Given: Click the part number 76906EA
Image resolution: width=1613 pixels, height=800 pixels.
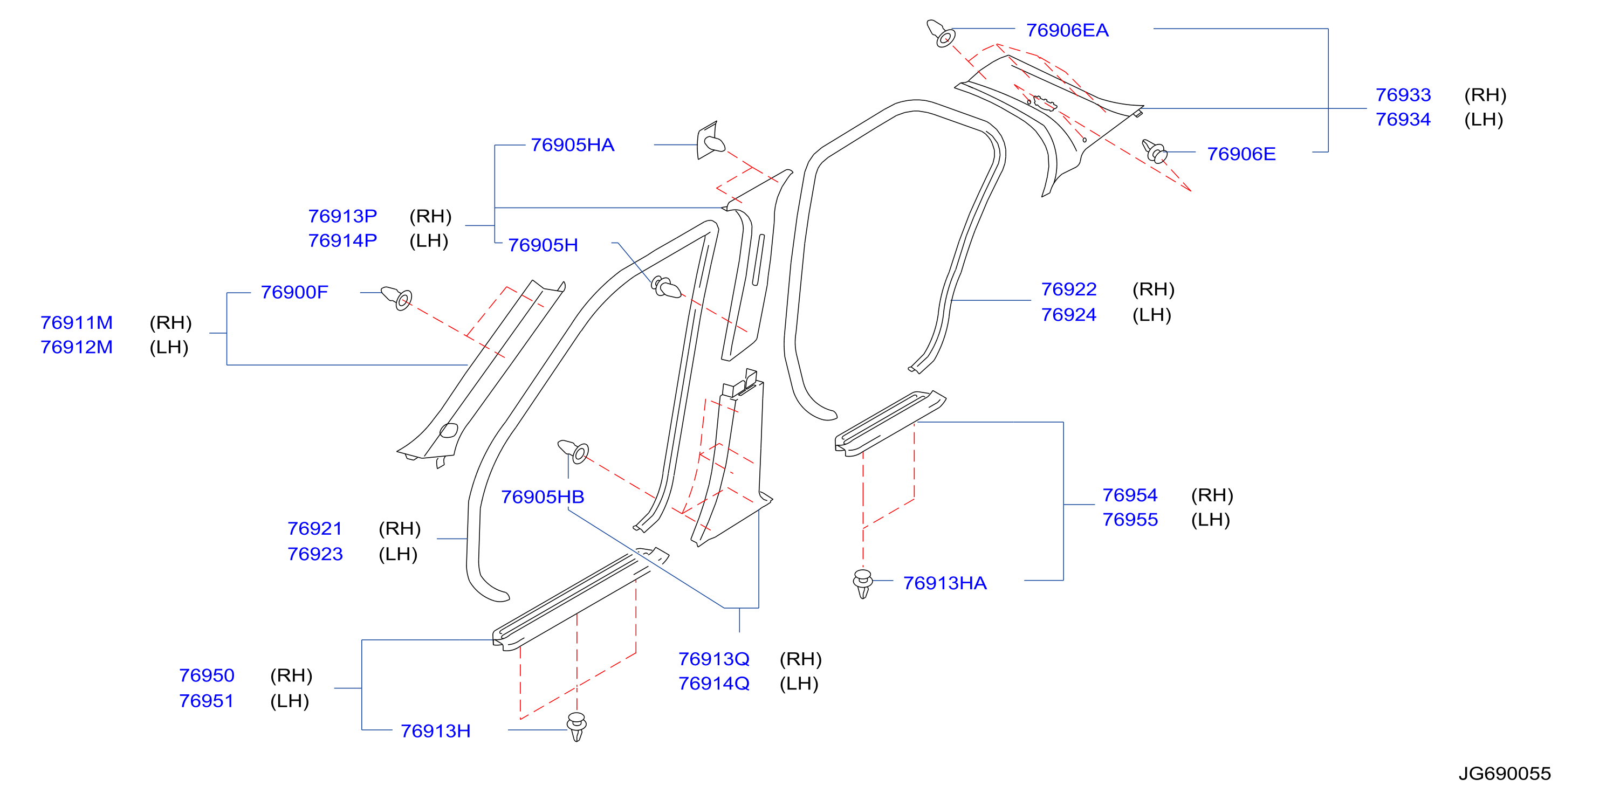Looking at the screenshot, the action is (1067, 30).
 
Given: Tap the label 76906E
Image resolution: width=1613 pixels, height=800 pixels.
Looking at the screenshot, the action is (1241, 154).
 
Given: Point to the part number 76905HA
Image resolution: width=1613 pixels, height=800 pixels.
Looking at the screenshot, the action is (572, 145).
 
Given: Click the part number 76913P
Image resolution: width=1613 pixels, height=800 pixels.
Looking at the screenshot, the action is (342, 216).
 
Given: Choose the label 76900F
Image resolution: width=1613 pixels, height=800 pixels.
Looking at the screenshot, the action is (294, 292).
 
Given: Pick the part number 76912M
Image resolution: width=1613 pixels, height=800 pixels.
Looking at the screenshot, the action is (77, 347).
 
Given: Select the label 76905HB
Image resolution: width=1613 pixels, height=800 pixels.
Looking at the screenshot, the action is (543, 497).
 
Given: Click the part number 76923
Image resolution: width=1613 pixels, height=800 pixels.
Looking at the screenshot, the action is (315, 554).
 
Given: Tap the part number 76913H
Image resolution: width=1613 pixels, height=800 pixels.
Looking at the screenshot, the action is (435, 731).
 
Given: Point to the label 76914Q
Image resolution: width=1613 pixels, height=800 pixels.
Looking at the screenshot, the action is (714, 684).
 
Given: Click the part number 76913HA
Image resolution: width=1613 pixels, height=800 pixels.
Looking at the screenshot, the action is (944, 583).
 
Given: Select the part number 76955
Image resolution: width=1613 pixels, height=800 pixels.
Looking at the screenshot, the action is (1130, 520).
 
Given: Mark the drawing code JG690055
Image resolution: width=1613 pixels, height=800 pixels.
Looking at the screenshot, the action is (1505, 774).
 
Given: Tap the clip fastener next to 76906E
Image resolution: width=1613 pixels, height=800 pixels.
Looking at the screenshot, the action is (1154, 151).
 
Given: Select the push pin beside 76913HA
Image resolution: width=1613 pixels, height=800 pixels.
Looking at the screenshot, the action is (863, 583).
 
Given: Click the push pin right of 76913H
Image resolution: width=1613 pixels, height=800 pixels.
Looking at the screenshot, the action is (576, 727).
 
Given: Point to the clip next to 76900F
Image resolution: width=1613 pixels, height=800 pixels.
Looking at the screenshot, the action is (397, 298).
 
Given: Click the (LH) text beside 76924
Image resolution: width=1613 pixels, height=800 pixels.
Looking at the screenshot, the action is (1151, 315).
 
